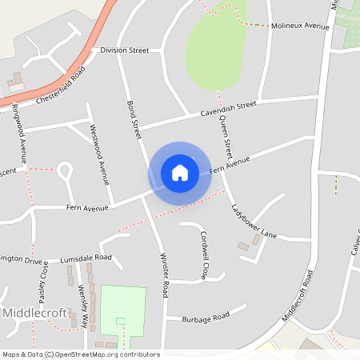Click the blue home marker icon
coord(180,173)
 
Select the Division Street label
coord(125,50)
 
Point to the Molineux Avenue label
coord(301,26)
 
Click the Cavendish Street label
coord(228,108)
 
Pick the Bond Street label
coord(134,117)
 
